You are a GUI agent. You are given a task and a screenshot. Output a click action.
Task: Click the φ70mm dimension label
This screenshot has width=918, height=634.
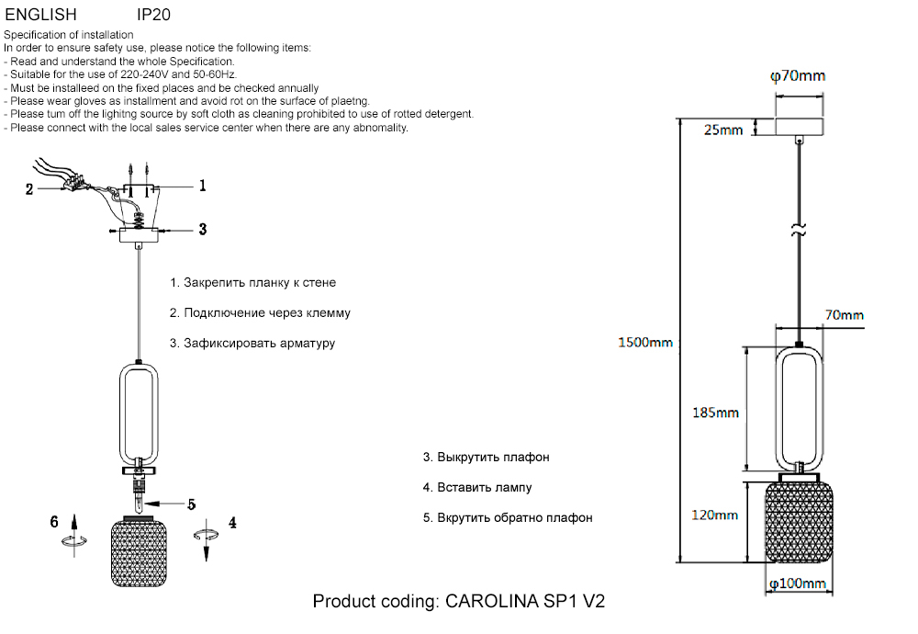click(797, 76)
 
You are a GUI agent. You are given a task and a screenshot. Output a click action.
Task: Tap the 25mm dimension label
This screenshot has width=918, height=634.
click(722, 130)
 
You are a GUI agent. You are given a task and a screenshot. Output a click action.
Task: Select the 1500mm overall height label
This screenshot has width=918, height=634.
click(644, 343)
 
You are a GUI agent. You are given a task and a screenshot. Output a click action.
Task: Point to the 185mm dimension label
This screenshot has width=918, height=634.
click(714, 413)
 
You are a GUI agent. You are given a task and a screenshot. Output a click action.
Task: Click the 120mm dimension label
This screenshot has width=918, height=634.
click(714, 515)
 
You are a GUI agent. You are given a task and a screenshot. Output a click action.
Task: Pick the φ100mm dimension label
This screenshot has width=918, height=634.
click(797, 583)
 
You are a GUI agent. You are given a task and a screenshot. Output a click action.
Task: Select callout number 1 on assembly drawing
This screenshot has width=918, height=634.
click(202, 185)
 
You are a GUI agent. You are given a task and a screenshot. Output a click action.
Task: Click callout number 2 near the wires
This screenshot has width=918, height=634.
click(29, 189)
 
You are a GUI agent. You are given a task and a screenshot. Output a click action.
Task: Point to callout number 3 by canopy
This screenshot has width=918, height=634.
click(202, 229)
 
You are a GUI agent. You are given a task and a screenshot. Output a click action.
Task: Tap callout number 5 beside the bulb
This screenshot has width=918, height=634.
click(191, 504)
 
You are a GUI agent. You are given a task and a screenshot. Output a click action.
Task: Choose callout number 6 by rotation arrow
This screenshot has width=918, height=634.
click(55, 522)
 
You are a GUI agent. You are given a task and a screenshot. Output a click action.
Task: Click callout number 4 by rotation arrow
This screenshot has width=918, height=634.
click(232, 523)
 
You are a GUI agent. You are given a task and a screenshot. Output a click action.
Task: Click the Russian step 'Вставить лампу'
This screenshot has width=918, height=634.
click(477, 487)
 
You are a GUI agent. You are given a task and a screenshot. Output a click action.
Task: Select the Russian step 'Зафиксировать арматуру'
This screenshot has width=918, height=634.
click(252, 343)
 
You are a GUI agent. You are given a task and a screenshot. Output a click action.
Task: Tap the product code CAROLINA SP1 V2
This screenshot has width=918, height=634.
click(459, 602)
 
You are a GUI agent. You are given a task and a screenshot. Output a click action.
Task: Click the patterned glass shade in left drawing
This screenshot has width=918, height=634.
click(140, 554)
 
